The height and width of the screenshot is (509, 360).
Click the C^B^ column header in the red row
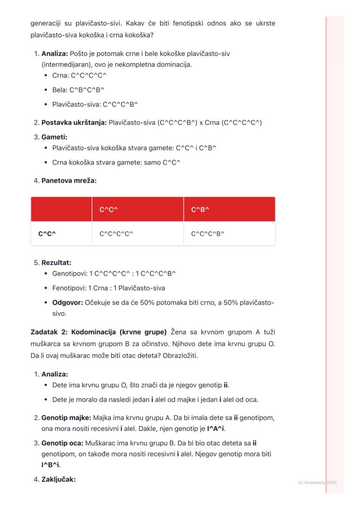click(x=200, y=210)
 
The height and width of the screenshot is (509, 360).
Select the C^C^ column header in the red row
click(x=109, y=210)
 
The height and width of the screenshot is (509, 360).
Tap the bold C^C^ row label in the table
click(x=47, y=234)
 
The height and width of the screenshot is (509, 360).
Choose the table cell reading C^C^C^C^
click(x=116, y=234)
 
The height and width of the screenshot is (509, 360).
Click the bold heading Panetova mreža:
click(x=69, y=180)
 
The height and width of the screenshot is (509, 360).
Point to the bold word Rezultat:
click(x=56, y=263)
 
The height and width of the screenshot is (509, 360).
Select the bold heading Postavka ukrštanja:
click(x=74, y=123)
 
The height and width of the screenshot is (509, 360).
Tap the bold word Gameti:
click(x=54, y=137)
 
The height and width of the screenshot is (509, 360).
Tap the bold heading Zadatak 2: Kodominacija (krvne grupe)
click(x=98, y=332)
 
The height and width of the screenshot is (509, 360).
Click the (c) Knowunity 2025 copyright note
click(x=317, y=482)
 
